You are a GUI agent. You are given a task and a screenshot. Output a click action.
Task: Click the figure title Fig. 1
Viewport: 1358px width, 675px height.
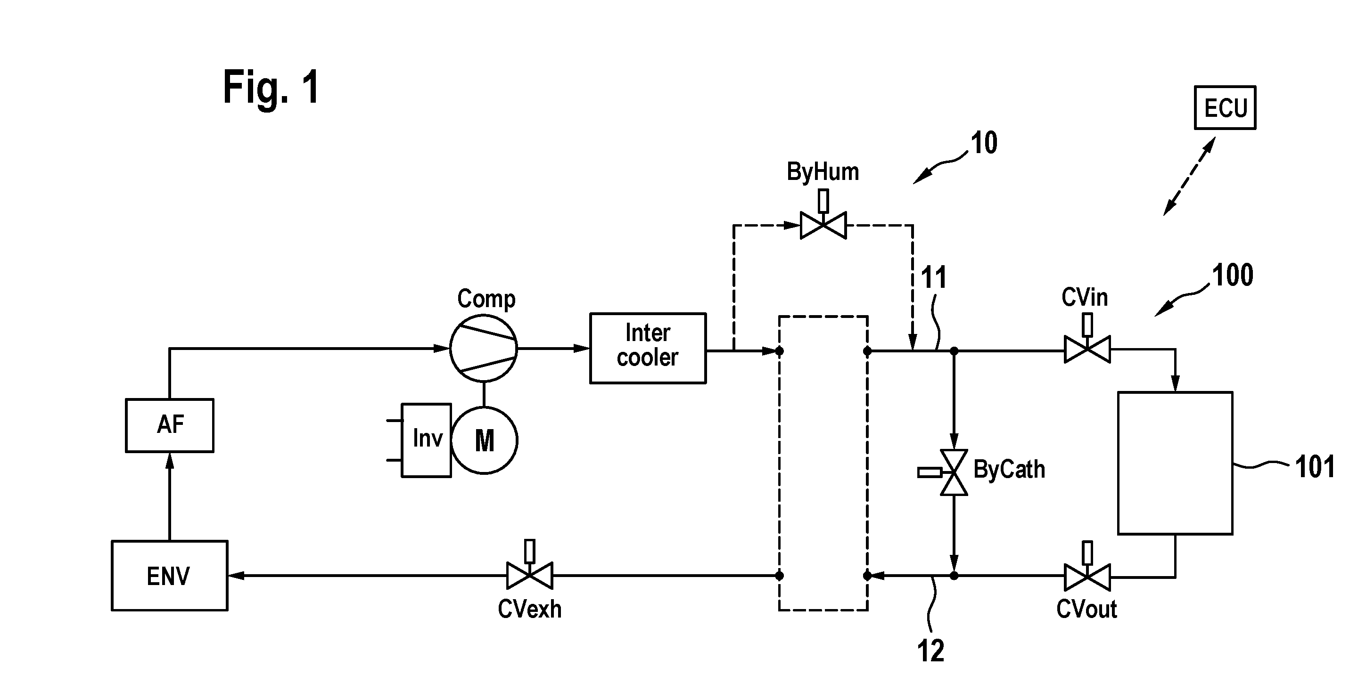point(271,88)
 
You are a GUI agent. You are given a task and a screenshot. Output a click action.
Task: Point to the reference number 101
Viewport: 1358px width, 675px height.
point(1315,467)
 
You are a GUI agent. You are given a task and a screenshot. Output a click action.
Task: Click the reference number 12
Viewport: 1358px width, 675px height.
point(930,651)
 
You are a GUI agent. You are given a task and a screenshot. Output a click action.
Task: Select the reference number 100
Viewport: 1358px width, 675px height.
point(1233,275)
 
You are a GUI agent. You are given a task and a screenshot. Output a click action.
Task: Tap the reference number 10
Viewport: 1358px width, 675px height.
point(984,143)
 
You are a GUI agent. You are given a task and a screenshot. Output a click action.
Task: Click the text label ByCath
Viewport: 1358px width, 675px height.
point(1009,469)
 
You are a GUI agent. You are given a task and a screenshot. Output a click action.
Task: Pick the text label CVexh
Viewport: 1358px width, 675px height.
point(529,609)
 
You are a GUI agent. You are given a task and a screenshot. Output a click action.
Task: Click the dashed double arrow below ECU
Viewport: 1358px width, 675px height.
point(1189,176)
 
